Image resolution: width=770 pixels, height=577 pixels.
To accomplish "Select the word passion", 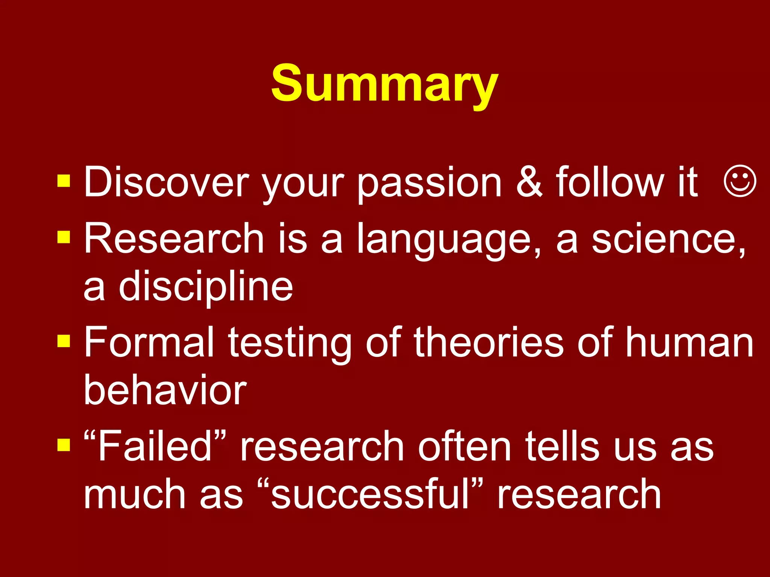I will [429, 184].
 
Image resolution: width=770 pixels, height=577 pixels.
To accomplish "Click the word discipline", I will [206, 287].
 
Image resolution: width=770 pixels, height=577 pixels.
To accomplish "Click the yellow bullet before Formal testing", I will [64, 341].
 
